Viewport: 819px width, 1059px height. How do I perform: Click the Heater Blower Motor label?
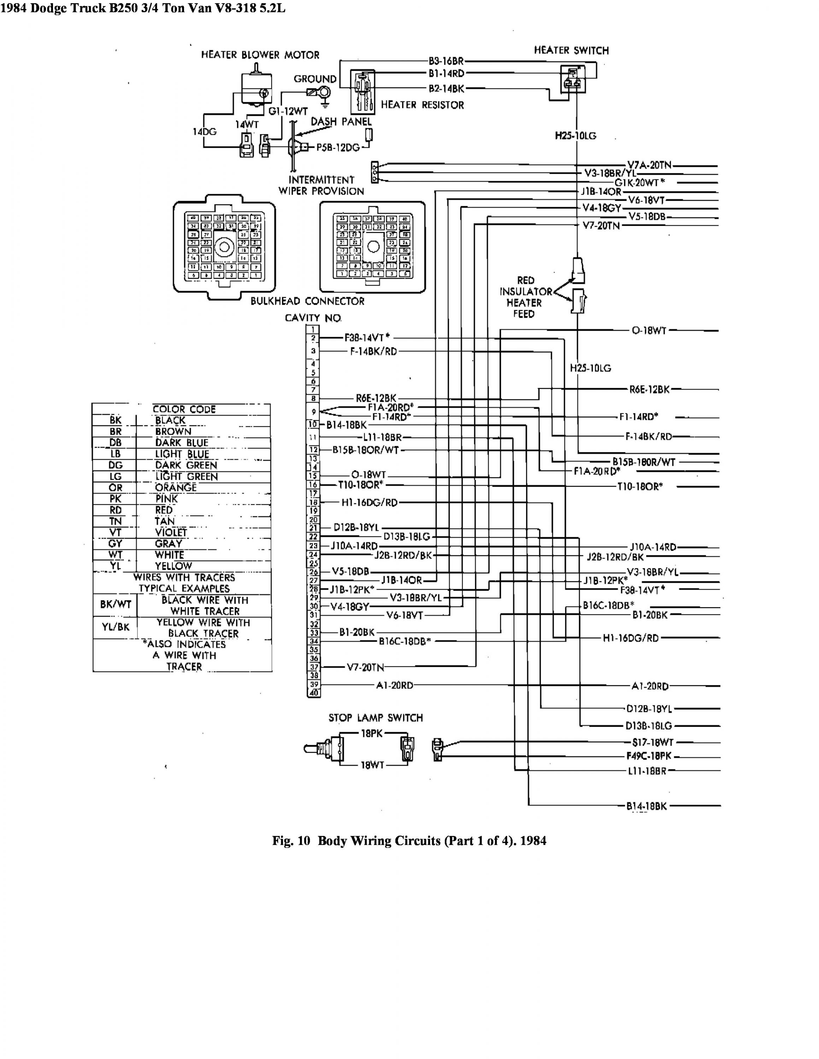(x=260, y=55)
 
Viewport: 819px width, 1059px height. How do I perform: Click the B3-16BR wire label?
(x=446, y=61)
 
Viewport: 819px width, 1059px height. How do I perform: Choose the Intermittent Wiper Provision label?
(x=321, y=185)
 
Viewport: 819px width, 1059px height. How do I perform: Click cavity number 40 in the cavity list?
(x=314, y=693)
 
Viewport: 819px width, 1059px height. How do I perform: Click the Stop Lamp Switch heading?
(x=376, y=718)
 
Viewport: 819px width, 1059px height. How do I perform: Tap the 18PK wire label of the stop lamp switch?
(x=372, y=734)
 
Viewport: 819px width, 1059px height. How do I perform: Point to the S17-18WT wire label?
(x=652, y=742)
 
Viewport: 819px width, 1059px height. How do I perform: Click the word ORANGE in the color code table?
(x=176, y=487)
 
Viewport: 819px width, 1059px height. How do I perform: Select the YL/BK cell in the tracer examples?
(x=116, y=627)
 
